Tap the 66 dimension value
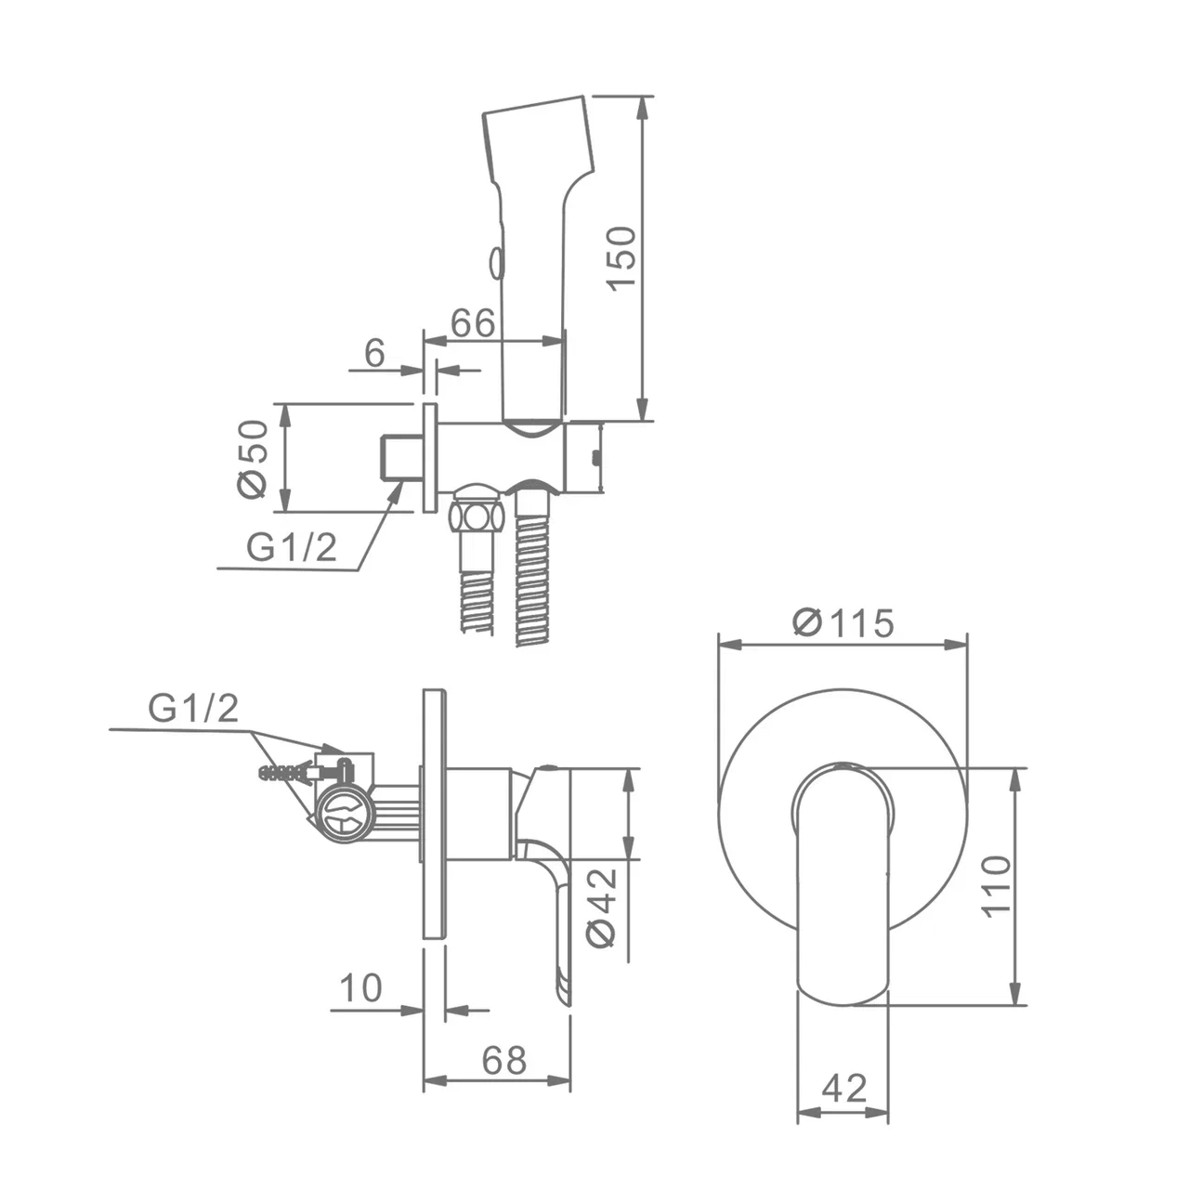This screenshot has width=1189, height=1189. (x=473, y=322)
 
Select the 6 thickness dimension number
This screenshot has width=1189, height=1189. (x=374, y=352)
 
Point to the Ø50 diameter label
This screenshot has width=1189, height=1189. (x=253, y=459)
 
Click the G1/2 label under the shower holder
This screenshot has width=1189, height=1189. (x=292, y=546)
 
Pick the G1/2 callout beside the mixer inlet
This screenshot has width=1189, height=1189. (x=193, y=708)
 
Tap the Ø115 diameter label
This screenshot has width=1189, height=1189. (x=843, y=622)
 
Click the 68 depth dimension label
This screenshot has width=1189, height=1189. (x=504, y=1061)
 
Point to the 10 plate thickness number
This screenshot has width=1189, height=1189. (x=361, y=987)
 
